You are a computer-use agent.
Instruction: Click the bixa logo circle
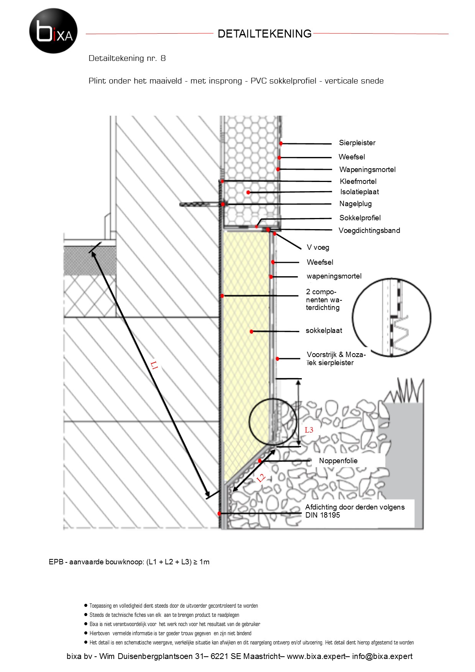click(x=53, y=31)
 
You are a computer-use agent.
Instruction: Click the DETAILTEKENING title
click(x=265, y=34)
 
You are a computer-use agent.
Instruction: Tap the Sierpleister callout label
click(x=357, y=143)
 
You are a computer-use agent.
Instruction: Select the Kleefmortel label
click(x=358, y=181)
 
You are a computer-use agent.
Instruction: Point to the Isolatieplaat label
click(x=360, y=192)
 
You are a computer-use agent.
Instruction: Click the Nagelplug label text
click(x=355, y=204)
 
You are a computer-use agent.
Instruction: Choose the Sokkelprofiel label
click(x=360, y=218)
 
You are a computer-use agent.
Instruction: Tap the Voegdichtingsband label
click(x=369, y=230)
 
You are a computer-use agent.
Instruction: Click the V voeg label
click(x=318, y=247)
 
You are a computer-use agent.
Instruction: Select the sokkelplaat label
click(x=324, y=331)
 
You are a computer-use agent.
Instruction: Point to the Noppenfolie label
click(x=338, y=461)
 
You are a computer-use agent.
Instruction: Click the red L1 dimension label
click(x=154, y=365)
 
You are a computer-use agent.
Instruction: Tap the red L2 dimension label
click(x=261, y=478)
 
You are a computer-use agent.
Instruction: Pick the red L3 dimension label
click(x=309, y=430)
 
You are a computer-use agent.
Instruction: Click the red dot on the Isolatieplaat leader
click(x=248, y=192)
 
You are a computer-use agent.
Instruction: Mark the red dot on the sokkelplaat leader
click(x=251, y=331)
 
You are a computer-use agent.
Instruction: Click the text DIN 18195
click(x=323, y=515)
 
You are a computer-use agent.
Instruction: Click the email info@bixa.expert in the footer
click(x=382, y=656)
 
